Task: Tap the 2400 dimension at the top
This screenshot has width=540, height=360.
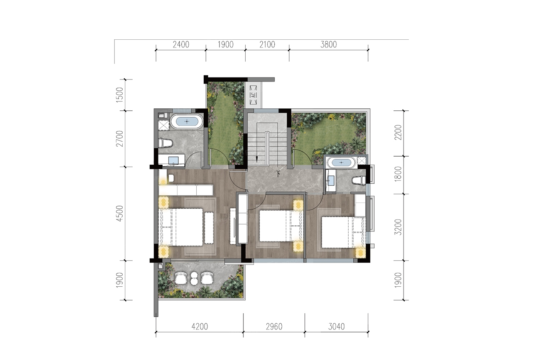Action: [x=181, y=45]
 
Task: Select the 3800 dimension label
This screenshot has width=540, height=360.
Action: [x=328, y=45]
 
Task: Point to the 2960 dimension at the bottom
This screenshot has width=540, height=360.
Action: [x=274, y=327]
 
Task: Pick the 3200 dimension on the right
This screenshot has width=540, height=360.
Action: [x=398, y=227]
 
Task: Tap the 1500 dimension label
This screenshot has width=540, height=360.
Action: [x=120, y=95]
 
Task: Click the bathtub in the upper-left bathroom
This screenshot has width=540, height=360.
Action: [x=187, y=121]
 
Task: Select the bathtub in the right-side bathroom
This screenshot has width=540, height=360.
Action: [x=341, y=162]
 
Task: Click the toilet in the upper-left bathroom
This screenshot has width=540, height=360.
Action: [x=166, y=143]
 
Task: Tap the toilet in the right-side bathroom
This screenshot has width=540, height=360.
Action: [x=359, y=180]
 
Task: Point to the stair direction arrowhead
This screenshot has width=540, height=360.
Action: [x=257, y=159]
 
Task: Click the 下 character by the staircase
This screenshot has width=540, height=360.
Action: [x=278, y=174]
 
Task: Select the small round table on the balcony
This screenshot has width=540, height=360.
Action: [x=194, y=278]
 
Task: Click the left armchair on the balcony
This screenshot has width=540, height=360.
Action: [x=181, y=278]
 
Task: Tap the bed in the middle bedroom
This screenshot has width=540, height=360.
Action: [x=280, y=226]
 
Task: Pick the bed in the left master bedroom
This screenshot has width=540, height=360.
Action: [x=181, y=227]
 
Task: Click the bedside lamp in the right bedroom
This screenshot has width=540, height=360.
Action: [x=361, y=253]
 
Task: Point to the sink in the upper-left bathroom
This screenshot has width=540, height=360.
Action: [x=173, y=161]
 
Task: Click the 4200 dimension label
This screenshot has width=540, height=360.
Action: [x=200, y=327]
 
